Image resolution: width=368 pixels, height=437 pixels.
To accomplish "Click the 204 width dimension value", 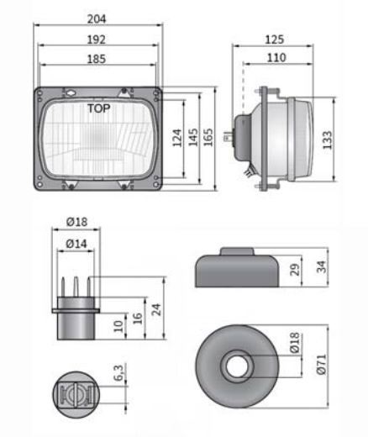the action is click(97, 19).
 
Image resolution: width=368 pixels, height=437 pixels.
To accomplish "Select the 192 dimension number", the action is click(97, 39).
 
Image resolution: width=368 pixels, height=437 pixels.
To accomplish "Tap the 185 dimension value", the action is click(97, 59).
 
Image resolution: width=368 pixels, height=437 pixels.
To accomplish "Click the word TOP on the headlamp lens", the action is click(99, 108).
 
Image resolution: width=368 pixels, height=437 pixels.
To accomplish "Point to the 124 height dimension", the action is click(177, 138).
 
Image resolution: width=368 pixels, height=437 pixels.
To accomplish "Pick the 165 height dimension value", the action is click(208, 137).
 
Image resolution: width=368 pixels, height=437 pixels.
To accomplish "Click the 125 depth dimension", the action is click(275, 39).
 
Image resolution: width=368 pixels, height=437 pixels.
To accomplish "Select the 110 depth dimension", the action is click(276, 58).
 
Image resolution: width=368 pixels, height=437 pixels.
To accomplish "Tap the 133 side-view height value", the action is click(327, 140).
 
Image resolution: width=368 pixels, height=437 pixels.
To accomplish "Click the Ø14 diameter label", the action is click(76, 244).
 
